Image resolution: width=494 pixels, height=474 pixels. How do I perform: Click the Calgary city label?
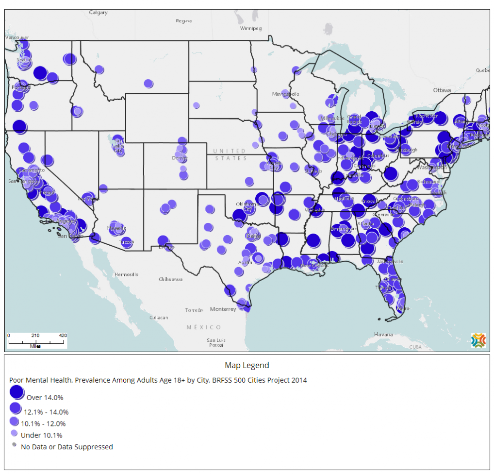pyautogui.click(x=98, y=13)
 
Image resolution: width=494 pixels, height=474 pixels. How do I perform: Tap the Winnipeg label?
pyautogui.click(x=250, y=28)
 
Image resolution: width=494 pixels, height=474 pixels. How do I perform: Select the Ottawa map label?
pyautogui.click(x=442, y=90)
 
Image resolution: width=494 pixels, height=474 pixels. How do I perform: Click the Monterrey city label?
pyautogui.click(x=223, y=309)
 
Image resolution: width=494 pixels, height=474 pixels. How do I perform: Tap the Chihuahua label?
pyautogui.click(x=170, y=279)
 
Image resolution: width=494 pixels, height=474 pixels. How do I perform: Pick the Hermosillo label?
pyautogui.click(x=126, y=274)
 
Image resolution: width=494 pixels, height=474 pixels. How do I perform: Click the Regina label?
pyautogui.click(x=184, y=21)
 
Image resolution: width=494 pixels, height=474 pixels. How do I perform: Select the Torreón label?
pyautogui.click(x=194, y=310)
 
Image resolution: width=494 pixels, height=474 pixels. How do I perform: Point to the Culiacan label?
pyautogui.click(x=159, y=318)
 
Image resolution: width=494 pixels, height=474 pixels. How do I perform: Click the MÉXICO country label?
pyautogui.click(x=204, y=327)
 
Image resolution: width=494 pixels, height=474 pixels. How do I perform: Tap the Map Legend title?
pyautogui.click(x=247, y=365)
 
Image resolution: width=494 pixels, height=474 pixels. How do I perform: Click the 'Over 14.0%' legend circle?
pyautogui.click(x=17, y=392)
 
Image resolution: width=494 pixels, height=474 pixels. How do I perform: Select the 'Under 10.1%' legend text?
pyautogui.click(x=41, y=435)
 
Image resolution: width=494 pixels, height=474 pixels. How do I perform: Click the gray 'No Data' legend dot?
pyautogui.click(x=14, y=445)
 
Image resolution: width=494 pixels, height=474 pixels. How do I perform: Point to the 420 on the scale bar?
pyautogui.click(x=63, y=336)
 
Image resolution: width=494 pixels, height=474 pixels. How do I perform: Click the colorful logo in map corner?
pyautogui.click(x=478, y=340)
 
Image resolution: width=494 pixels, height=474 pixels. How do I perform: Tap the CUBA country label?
pyautogui.click(x=415, y=347)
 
